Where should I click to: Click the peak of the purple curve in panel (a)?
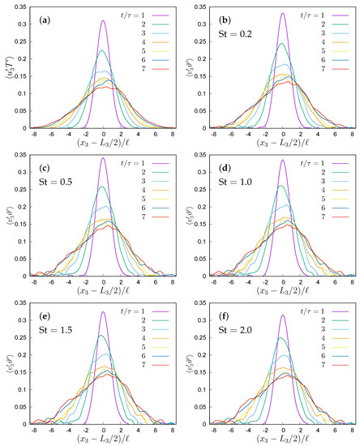tap(103, 22)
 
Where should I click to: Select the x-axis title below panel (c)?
tap(103, 286)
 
